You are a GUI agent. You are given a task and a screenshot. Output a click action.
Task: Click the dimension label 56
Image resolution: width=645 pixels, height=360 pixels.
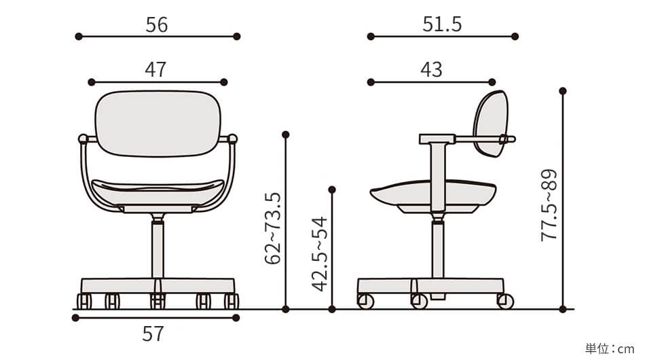tap(157, 24)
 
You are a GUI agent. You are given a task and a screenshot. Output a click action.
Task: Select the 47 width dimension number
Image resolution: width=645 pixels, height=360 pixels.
tap(155, 70)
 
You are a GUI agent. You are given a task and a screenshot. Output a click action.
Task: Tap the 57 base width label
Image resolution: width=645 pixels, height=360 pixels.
tap(153, 334)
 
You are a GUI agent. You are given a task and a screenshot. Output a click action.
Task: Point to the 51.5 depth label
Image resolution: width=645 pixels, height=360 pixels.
tap(442, 24)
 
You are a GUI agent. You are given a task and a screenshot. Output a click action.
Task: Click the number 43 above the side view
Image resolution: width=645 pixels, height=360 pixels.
tap(432, 70)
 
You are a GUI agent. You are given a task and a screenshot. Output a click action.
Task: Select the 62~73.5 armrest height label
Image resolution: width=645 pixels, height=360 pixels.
tap(273, 228)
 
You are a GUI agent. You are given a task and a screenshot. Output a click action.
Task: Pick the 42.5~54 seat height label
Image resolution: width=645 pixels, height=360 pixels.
tap(320, 254)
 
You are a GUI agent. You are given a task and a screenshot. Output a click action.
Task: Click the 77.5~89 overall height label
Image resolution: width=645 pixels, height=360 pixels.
tap(549, 205)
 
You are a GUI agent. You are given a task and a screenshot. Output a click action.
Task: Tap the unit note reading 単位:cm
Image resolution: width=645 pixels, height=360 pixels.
tap(610, 349)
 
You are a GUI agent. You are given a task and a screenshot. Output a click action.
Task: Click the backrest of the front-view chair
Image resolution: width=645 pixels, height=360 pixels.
tap(158, 124)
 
